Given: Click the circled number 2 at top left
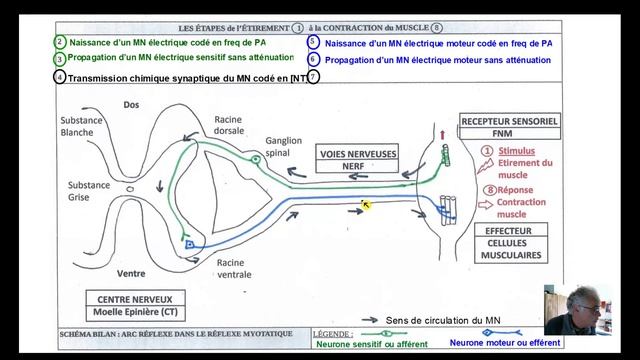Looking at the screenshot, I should coord(61,42).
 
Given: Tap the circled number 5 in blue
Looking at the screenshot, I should coord(313,42).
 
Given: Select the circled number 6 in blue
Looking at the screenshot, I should coord(313,59).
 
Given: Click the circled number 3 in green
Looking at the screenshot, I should coord(61,59).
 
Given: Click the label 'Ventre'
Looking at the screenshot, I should coord(131,273).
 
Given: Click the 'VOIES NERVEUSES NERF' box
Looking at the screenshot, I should coord(357,160).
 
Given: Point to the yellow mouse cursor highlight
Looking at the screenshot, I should coord(366,205).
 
